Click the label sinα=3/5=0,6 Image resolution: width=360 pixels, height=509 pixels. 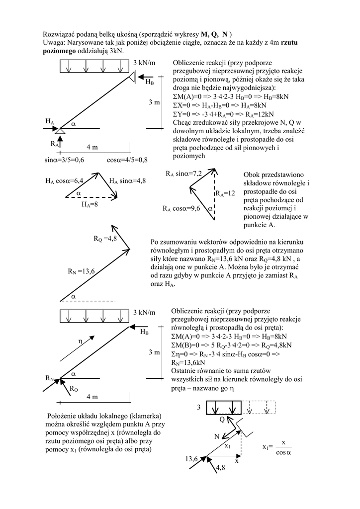64,160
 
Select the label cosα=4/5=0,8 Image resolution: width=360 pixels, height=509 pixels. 127,160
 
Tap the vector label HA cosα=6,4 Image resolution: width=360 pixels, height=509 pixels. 64,181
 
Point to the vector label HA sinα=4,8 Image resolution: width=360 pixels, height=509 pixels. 127,181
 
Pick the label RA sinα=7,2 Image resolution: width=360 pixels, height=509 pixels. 183,173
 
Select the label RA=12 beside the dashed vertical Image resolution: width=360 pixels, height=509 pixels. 225,193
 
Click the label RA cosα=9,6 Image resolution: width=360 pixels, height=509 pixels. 181,209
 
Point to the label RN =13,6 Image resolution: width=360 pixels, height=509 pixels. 81,271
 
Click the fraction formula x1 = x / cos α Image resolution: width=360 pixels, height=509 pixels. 277,447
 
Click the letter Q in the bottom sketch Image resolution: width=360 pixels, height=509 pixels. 222,420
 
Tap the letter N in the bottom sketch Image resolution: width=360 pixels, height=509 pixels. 217,436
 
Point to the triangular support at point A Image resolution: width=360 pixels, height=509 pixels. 60,130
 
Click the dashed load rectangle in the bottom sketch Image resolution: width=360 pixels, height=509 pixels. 259,407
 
